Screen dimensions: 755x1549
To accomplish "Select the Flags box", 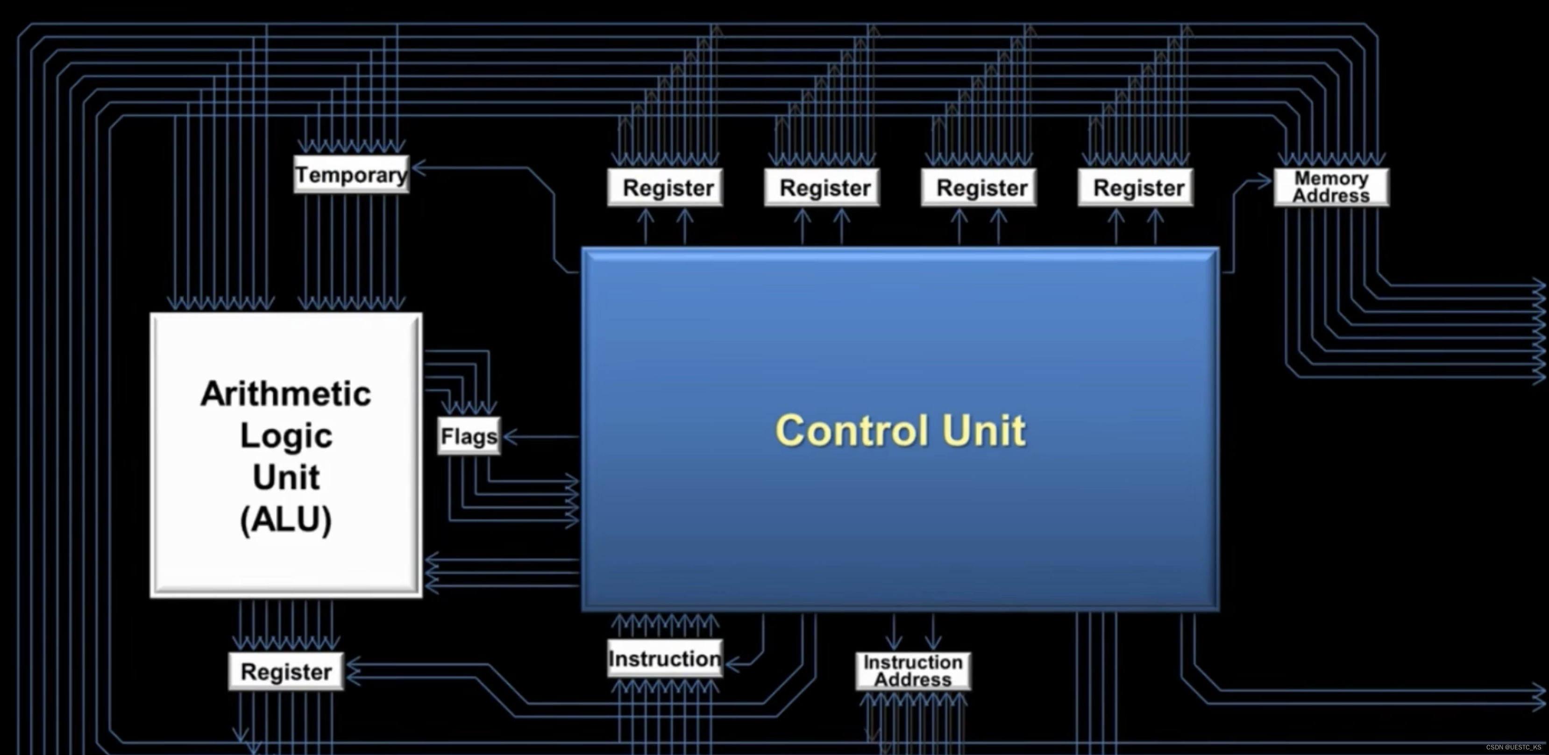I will [x=469, y=436].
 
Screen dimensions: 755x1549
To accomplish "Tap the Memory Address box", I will [x=1331, y=187].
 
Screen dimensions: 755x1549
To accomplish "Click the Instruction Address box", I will [x=913, y=671].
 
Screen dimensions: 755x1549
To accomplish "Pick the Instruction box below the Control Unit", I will [x=664, y=659].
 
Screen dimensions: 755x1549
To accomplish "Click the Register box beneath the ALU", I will [x=286, y=671].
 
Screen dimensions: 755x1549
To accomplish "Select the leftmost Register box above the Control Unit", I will [x=665, y=188].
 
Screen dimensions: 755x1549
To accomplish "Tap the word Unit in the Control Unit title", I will [x=984, y=431].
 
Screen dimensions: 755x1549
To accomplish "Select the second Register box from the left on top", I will [x=822, y=188].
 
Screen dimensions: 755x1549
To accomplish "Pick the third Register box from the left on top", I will [x=979, y=188].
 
